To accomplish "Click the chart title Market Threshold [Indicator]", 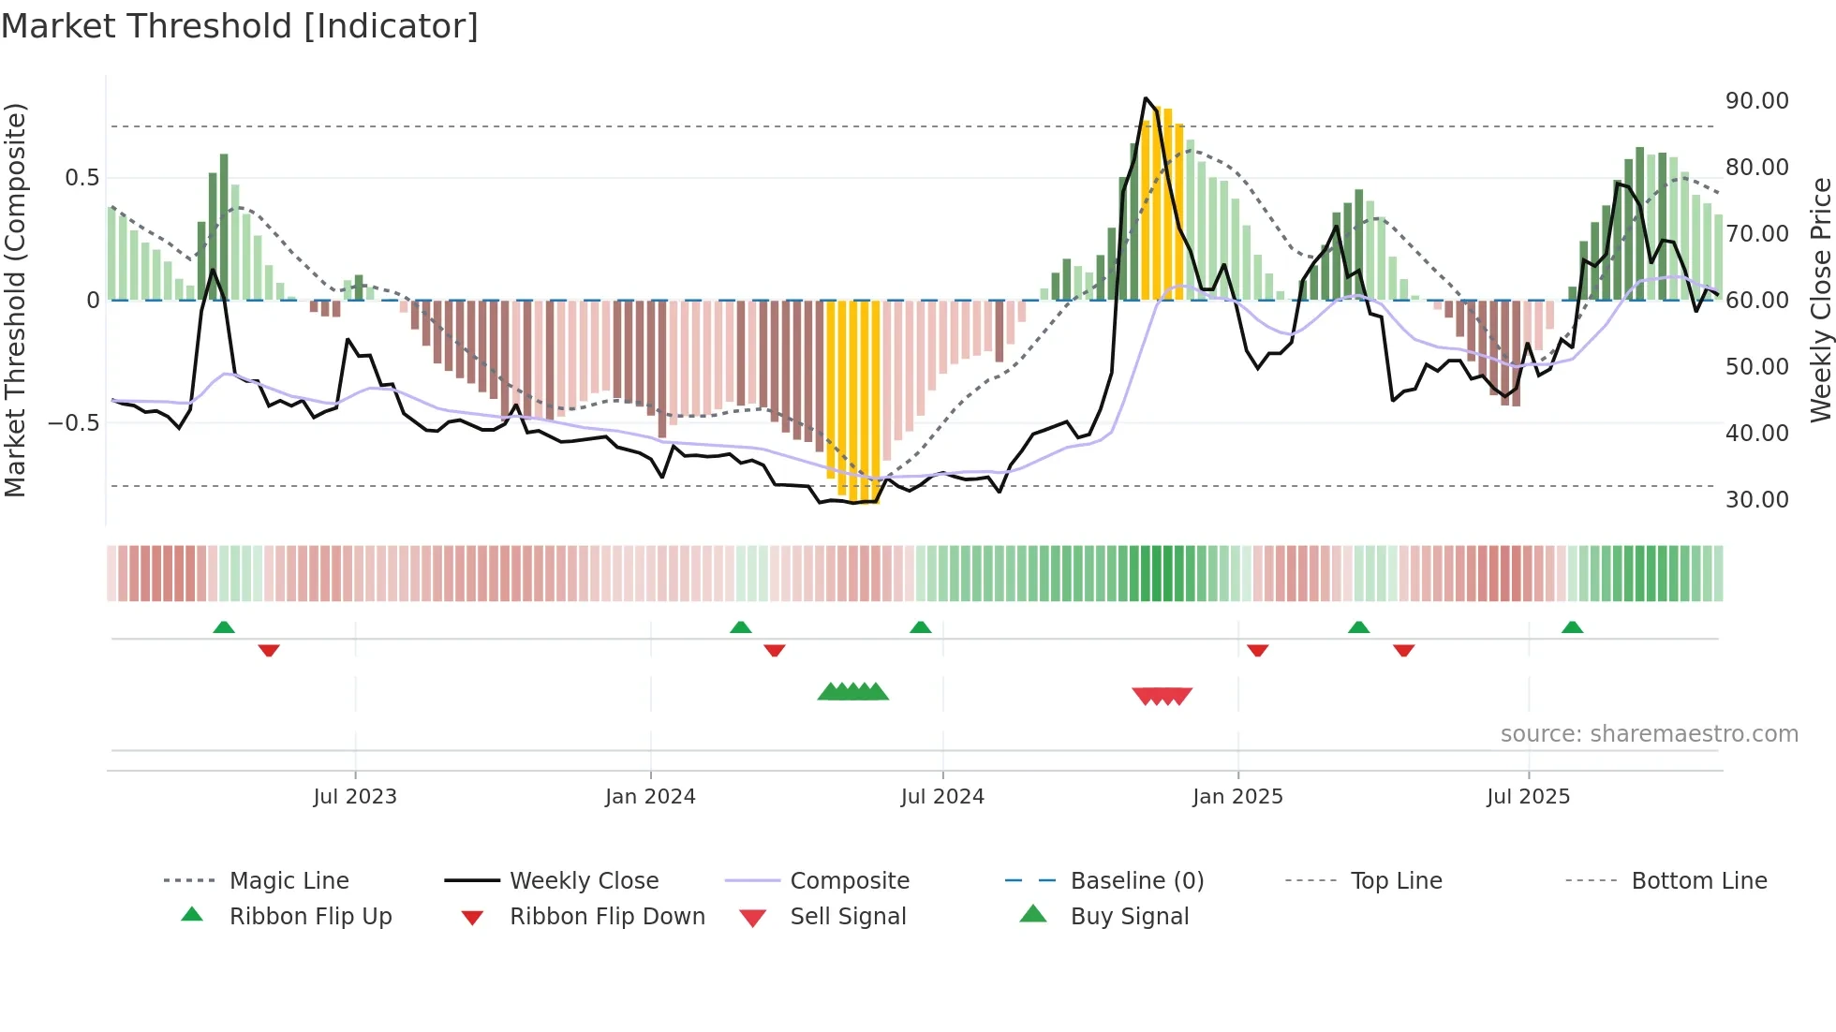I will (240, 26).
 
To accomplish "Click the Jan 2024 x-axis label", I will (650, 797).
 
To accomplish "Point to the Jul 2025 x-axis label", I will (1528, 797).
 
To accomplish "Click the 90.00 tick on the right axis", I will (1756, 101).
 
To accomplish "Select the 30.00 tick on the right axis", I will (1756, 500).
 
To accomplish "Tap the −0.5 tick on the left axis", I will (73, 423).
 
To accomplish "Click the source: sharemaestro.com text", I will (1649, 734).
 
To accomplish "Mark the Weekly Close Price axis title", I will (1820, 300).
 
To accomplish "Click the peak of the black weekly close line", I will (1146, 98).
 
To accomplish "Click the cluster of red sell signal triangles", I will (1162, 696).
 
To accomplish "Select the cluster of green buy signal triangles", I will (852, 692).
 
